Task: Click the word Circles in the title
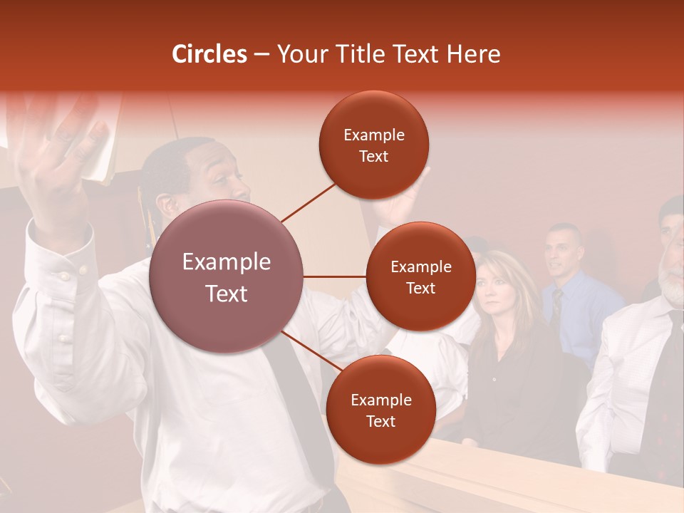(x=209, y=54)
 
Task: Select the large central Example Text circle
(x=227, y=276)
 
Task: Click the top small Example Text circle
(x=374, y=145)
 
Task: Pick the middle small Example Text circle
(x=420, y=276)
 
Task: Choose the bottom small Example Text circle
(x=380, y=410)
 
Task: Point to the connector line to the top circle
(x=308, y=202)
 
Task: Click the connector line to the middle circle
(x=335, y=276)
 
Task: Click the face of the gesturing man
(x=217, y=178)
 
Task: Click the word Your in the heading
(x=303, y=54)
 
